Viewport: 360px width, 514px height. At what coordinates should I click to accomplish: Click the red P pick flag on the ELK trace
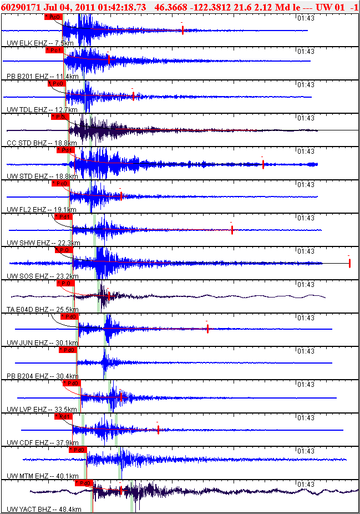point(53,17)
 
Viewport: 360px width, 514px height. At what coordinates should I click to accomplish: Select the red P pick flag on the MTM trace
point(78,450)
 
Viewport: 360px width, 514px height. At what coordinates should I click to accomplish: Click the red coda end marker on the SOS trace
point(349,263)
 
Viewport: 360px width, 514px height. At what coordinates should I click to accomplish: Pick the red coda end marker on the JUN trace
point(207,329)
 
